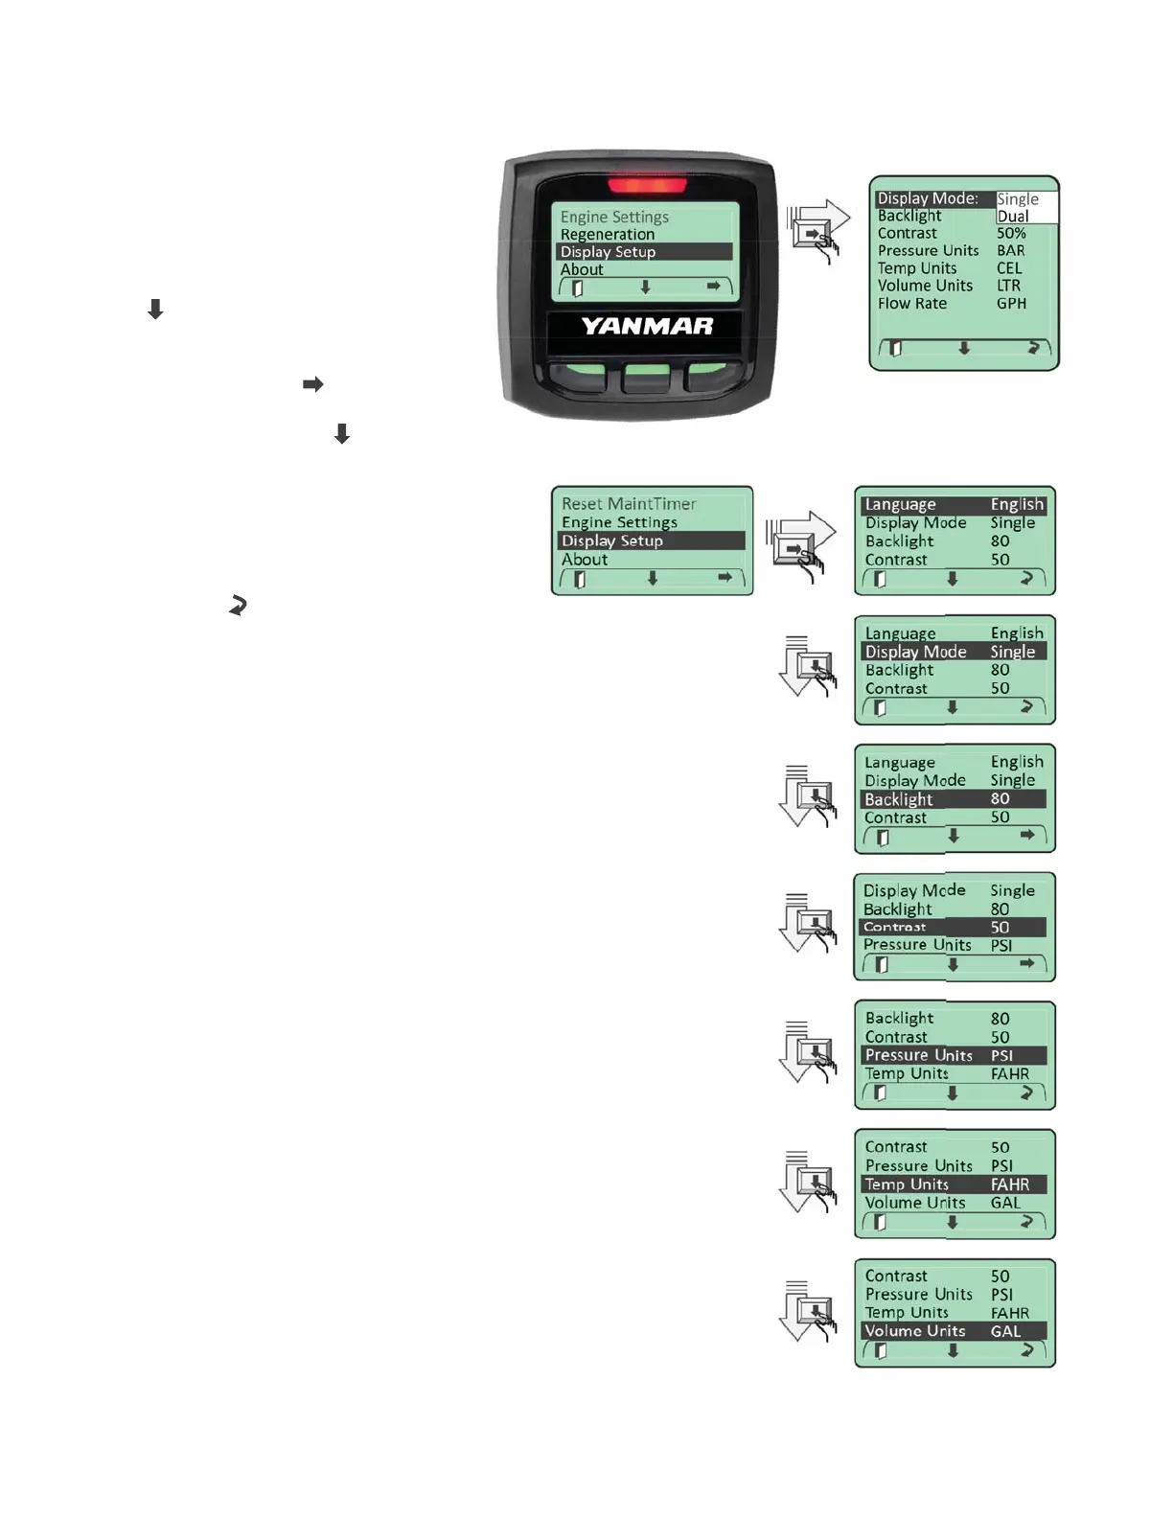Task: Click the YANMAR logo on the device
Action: [647, 326]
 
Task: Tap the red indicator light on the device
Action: [647, 185]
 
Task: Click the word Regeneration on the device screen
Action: [608, 235]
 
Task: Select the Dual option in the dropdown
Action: [1013, 217]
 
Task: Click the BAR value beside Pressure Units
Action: [1010, 251]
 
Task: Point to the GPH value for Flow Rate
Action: [1011, 304]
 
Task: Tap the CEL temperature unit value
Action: [1009, 268]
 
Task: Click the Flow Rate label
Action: [911, 304]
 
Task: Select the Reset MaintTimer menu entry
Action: [629, 504]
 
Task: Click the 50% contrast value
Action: [1011, 234]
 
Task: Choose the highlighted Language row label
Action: [900, 505]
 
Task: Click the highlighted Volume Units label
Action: [915, 1331]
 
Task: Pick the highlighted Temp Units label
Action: [907, 1184]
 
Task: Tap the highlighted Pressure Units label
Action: [918, 1055]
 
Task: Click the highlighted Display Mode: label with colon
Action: [928, 199]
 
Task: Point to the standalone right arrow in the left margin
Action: [313, 384]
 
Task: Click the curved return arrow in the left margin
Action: [238, 606]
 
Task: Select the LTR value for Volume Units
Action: [1008, 286]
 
